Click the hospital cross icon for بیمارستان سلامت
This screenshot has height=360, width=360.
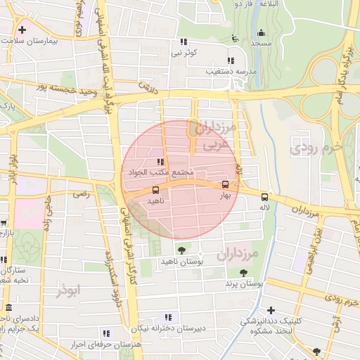pos(23,30)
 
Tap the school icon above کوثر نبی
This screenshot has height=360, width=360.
pos(184,41)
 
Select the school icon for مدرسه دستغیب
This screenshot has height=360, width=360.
pos(231,60)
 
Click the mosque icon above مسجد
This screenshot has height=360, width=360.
pos(262,32)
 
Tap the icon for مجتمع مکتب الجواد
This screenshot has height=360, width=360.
pos(161,162)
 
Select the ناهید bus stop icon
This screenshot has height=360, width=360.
pos(155,189)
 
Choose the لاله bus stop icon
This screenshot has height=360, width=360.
pos(264,197)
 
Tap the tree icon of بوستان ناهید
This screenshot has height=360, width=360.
pos(182,250)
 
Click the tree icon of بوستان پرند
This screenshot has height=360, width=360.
pos(243,273)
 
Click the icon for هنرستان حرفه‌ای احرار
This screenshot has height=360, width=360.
pos(106,333)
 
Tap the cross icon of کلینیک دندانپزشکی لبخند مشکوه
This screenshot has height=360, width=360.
pos(271,309)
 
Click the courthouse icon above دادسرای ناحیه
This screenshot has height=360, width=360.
pos(8,308)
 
